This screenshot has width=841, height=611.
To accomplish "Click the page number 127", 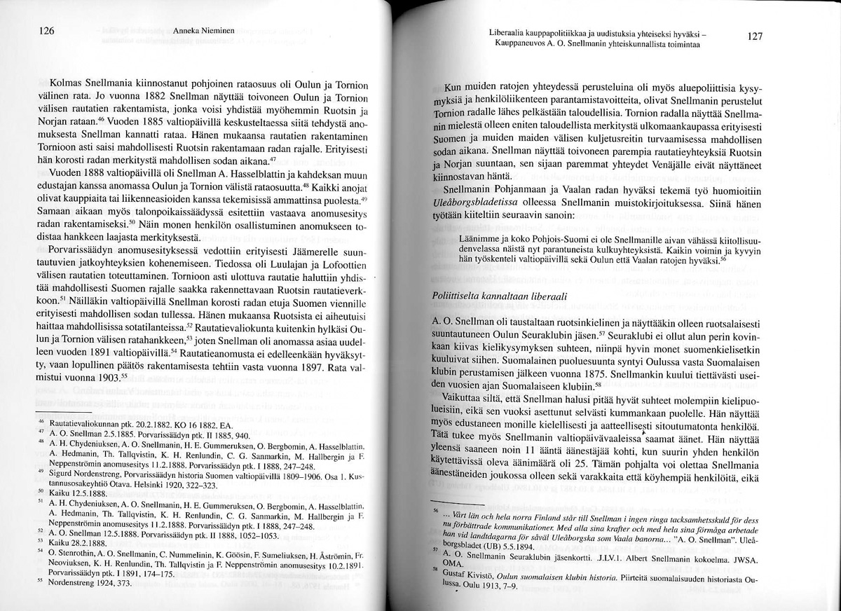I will tap(754, 37).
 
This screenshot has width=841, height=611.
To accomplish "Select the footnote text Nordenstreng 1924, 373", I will tap(94, 583).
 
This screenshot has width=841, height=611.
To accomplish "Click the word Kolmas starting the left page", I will tap(69, 84).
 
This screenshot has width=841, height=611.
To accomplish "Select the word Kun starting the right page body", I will tap(456, 88).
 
